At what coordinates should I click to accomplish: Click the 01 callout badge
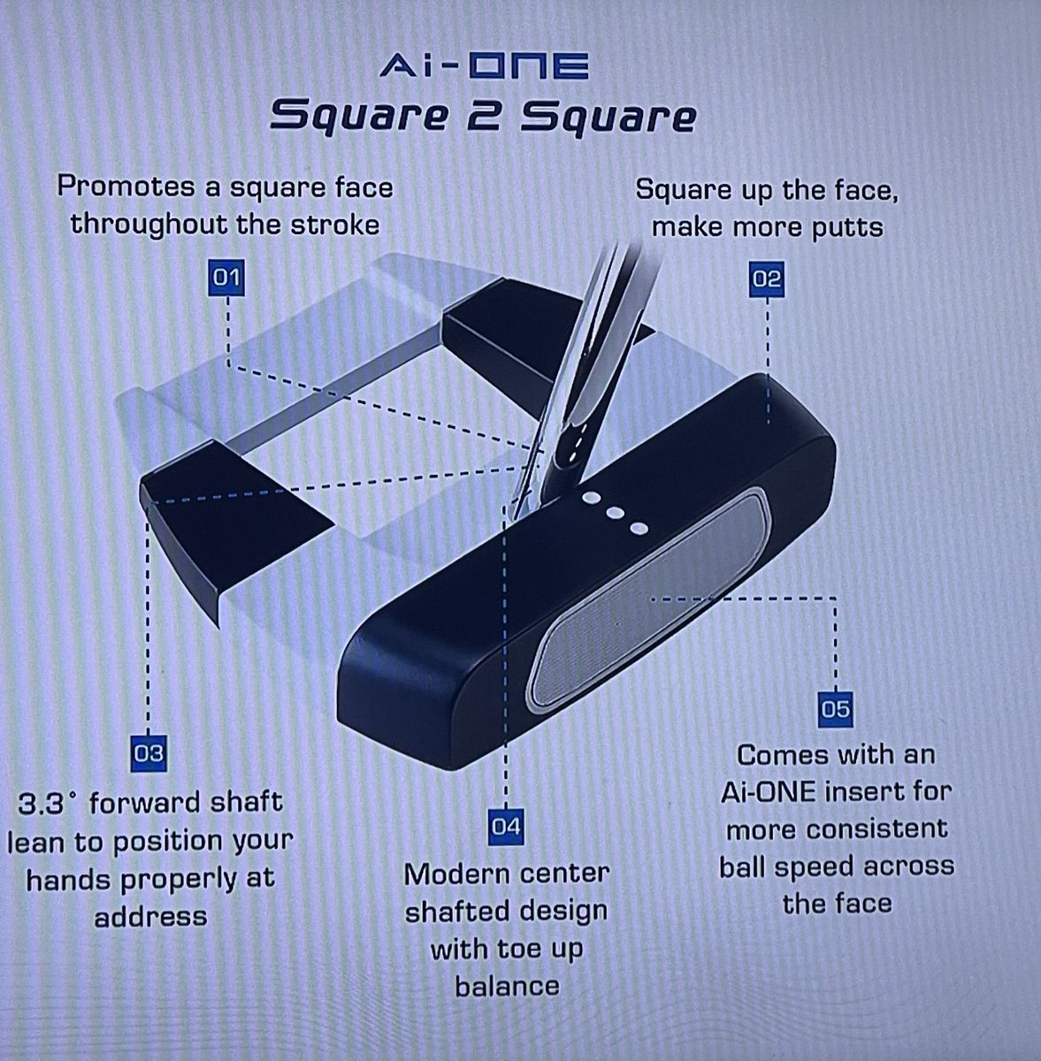[x=227, y=278]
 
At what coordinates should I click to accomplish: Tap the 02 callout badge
[x=767, y=279]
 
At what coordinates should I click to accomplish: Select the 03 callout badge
[x=149, y=752]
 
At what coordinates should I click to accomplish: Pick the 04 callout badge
[x=505, y=826]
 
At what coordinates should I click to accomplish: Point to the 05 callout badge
[x=835, y=709]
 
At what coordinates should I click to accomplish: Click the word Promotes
[x=126, y=187]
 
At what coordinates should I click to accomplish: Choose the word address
[x=150, y=916]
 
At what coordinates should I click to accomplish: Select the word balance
[x=507, y=986]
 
